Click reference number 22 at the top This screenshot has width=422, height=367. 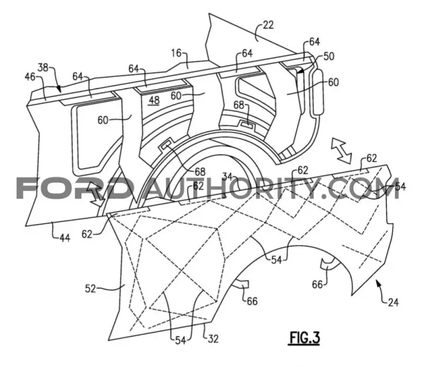coord(268,25)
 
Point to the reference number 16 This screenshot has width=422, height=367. coord(176,53)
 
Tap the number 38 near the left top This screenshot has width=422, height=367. coord(43,67)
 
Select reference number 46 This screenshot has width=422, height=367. coord(30,77)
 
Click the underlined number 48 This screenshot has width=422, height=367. coord(154,101)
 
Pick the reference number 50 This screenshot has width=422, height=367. coord(328,56)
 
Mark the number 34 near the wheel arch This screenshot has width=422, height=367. coord(228,177)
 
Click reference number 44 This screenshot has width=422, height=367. coord(64,238)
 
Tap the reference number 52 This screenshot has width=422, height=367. coord(90,289)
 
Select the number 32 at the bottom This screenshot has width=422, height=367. coord(213,339)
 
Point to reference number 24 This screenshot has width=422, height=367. coord(393,303)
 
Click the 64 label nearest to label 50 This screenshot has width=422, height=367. coord(314,42)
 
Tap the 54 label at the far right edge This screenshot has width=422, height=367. coord(400,186)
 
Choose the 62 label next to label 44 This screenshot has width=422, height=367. coord(87,235)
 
